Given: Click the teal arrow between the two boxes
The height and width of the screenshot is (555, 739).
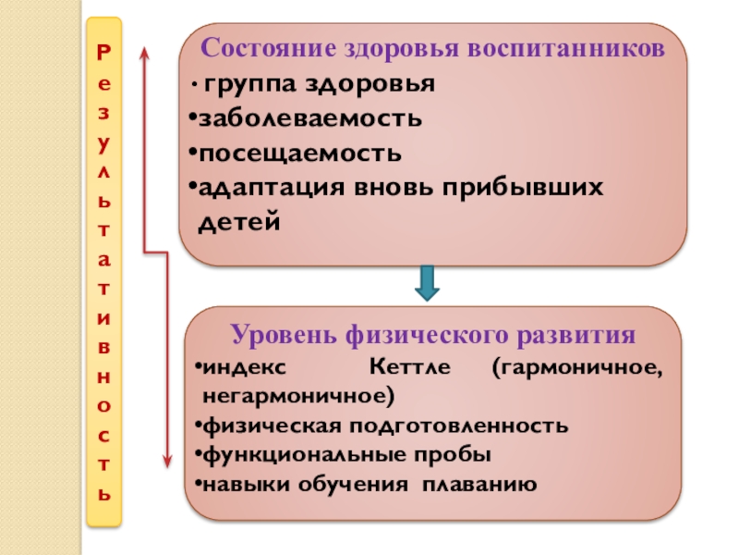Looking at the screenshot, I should tap(426, 283).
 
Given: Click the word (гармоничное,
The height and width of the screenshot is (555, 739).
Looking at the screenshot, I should tap(575, 368).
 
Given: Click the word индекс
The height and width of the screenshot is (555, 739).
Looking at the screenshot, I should tap(244, 368).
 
